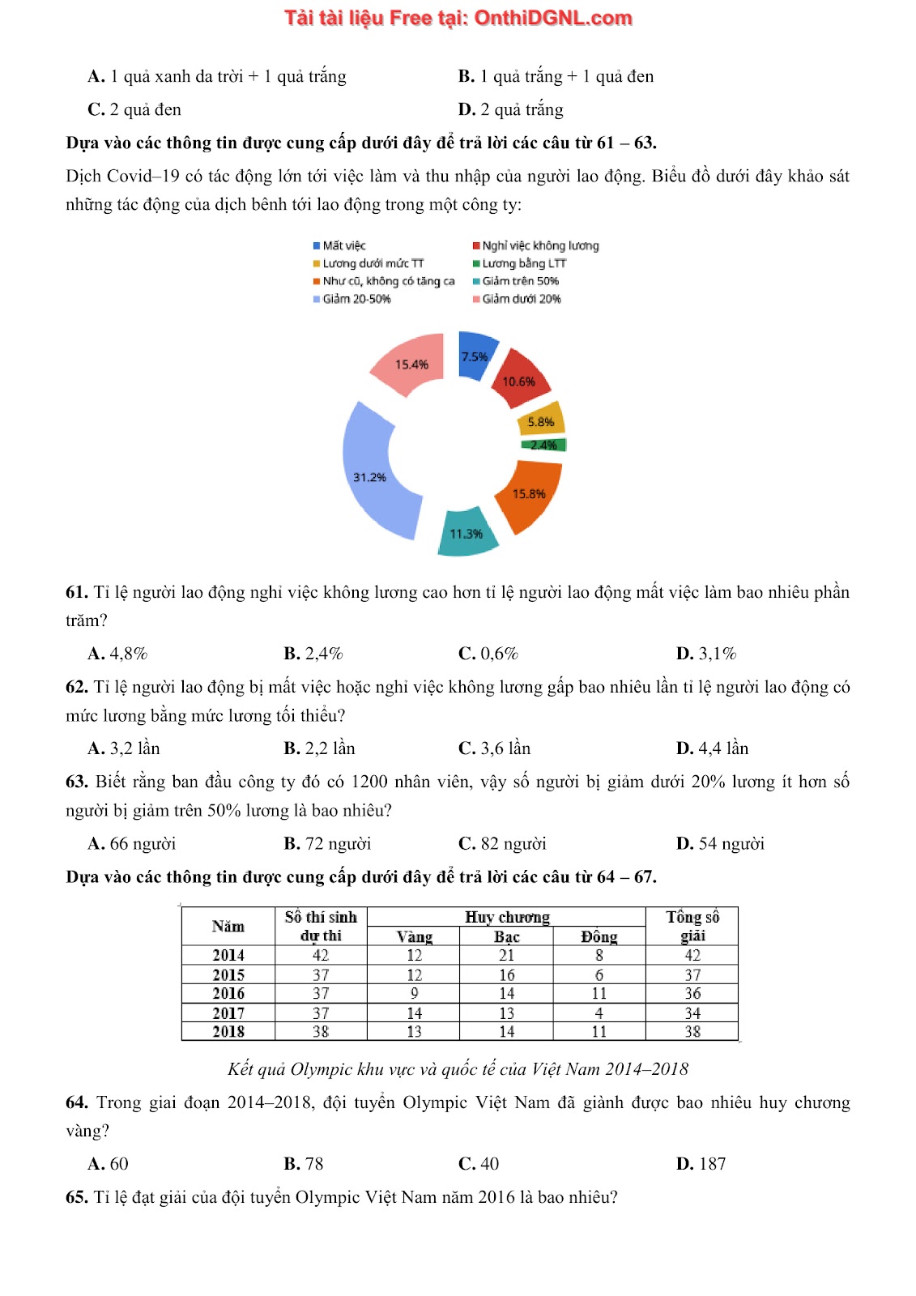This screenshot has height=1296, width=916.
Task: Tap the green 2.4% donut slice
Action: pyautogui.click(x=543, y=445)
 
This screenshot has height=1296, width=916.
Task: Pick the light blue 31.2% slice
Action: pyautogui.click(x=374, y=475)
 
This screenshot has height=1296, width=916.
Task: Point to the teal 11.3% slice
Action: pyautogui.click(x=467, y=533)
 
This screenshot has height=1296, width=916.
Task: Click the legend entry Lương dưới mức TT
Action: pyautogui.click(x=369, y=263)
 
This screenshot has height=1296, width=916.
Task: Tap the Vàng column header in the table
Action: pyautogui.click(x=414, y=937)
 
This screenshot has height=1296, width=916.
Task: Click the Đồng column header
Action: pyautogui.click(x=599, y=937)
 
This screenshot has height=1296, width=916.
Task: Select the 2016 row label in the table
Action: pyautogui.click(x=228, y=994)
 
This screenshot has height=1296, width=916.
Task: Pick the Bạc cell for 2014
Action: pyautogui.click(x=507, y=956)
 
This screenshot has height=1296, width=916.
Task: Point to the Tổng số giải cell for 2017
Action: pyautogui.click(x=692, y=1013)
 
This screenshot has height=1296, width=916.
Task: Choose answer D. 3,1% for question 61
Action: pyautogui.click(x=705, y=654)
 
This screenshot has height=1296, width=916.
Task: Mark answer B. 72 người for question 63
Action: pyautogui.click(x=327, y=844)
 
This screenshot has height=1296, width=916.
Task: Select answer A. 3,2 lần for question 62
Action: pyautogui.click(x=124, y=748)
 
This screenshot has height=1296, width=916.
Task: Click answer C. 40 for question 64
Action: pyautogui.click(x=479, y=1164)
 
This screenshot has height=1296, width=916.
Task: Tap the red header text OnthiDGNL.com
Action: pyautogui.click(x=552, y=18)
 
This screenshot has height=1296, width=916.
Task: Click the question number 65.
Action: pyautogui.click(x=76, y=1197)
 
